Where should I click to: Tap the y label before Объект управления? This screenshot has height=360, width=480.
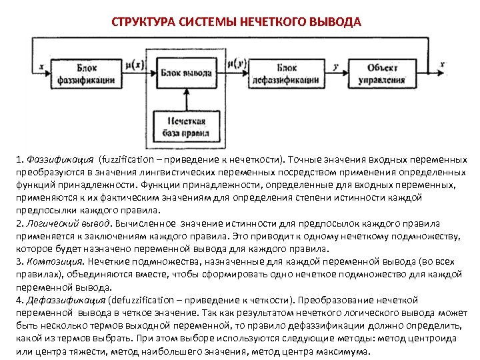coord(336,65)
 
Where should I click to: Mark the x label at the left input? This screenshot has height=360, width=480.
coord(41,65)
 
